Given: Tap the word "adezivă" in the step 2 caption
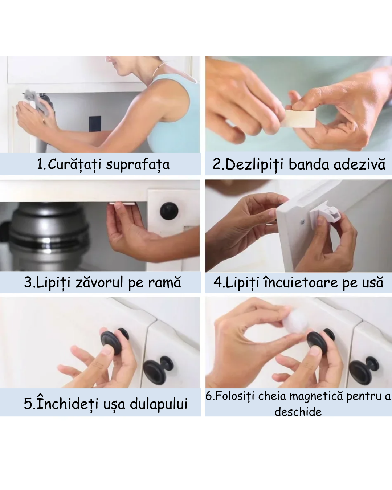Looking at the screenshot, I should [359, 164].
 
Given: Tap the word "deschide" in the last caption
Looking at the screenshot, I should [298, 412].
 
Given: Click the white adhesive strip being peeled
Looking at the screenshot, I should [300, 118].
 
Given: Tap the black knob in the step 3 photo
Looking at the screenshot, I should [169, 211].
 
